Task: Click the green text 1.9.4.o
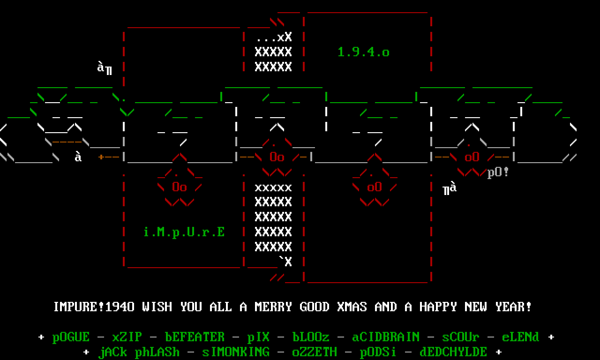pos(363,52)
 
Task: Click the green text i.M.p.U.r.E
pos(184,232)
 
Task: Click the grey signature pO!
pos(498,172)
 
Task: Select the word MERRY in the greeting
pos(273,307)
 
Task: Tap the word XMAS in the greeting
pos(352,307)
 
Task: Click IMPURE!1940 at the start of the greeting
pos(94,307)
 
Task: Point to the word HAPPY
pos(438,307)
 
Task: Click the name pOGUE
pos(71,337)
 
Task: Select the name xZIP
pos(127,337)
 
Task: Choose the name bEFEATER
pos(195,337)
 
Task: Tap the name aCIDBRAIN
pos(386,337)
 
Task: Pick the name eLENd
pos(520,337)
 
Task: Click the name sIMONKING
pos(236,352)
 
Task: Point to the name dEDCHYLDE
pos(453,352)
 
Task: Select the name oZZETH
pos(315,352)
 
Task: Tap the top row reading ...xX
pos(273,37)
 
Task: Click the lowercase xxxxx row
pos(273,187)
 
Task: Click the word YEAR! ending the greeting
pos(513,307)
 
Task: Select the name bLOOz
pos(311,337)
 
